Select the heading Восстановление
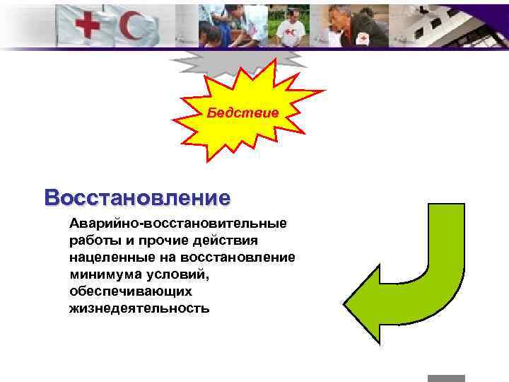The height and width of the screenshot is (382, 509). click(x=137, y=196)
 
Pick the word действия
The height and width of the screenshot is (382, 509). click(x=233, y=241)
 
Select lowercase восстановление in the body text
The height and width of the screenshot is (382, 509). click(x=238, y=257)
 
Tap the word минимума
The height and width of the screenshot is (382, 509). click(x=105, y=274)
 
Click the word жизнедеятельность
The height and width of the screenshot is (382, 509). click(x=139, y=308)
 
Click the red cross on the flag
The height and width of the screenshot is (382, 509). click(x=88, y=27)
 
